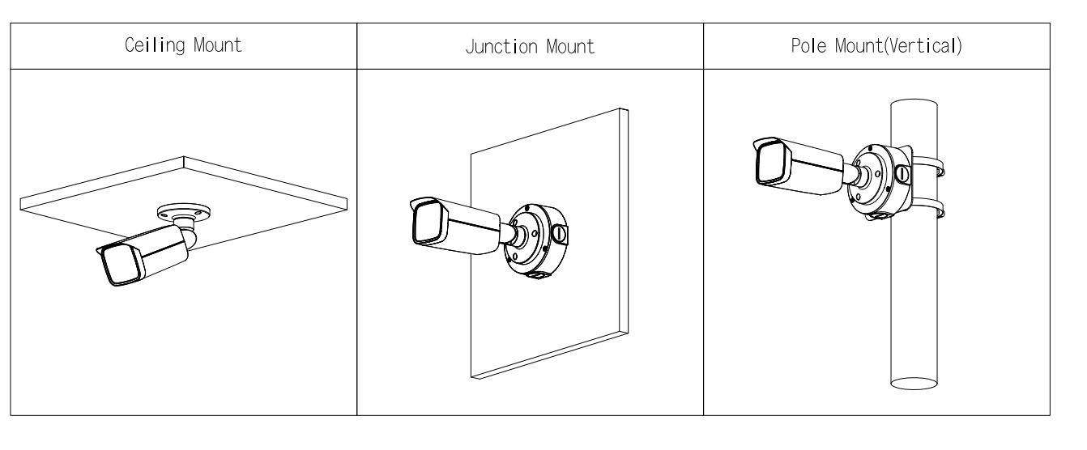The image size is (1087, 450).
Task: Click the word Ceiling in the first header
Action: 155,45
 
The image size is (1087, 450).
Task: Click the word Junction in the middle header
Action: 501,47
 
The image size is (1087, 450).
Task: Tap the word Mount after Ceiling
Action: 217,45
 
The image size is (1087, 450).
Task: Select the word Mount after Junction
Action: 570,47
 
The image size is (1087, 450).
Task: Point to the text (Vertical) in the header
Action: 923,46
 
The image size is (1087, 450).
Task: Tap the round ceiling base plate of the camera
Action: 183,212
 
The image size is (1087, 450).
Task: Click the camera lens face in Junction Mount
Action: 429,223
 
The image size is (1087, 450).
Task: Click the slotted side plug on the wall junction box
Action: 560,234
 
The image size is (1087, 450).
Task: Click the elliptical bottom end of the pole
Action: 914,384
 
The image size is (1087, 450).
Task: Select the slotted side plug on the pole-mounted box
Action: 902,174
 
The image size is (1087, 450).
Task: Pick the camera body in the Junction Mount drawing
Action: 455,226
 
